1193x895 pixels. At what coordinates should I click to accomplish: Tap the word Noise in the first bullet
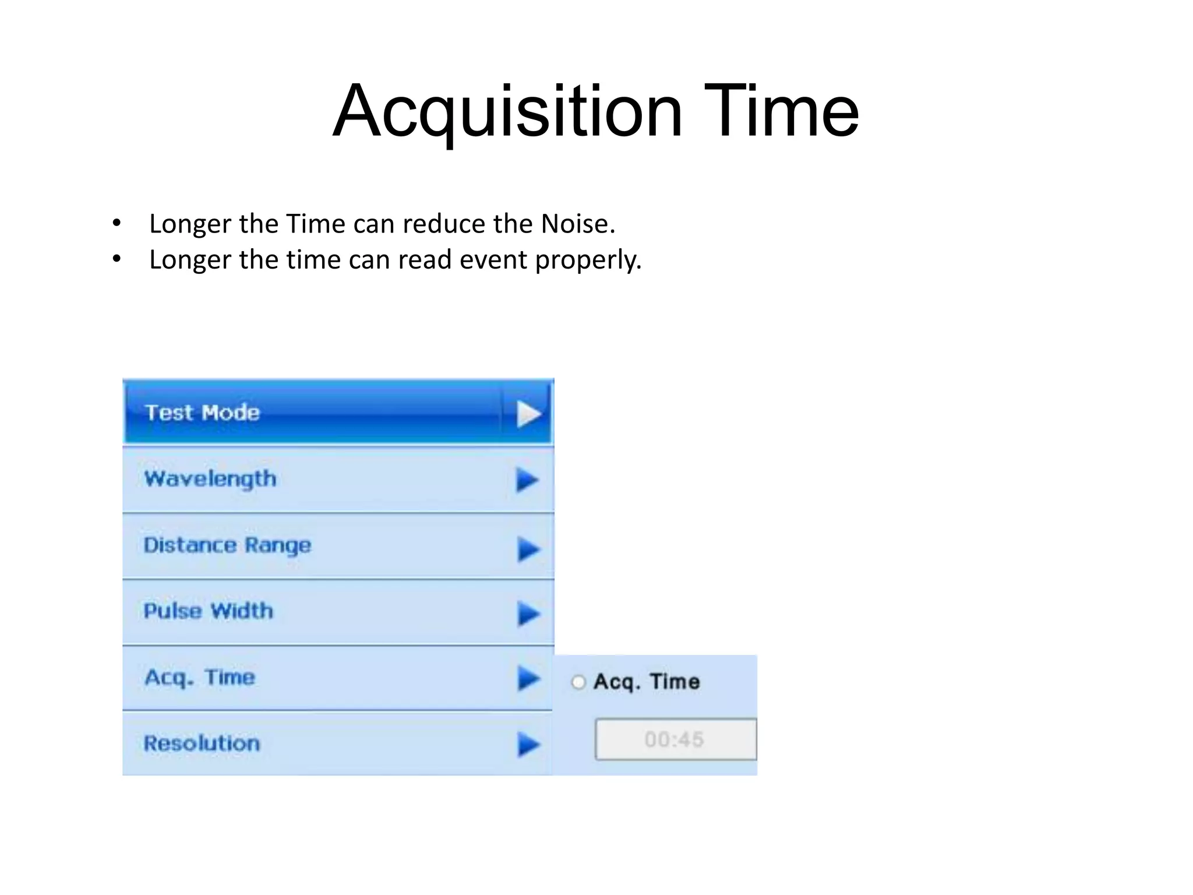(577, 224)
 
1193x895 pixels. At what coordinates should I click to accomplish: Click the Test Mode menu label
(202, 413)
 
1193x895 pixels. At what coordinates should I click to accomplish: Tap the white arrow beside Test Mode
(528, 414)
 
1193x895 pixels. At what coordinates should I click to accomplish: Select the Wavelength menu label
(210, 479)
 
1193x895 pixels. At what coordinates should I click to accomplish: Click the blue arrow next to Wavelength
(527, 480)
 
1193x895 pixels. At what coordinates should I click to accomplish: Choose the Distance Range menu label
(227, 545)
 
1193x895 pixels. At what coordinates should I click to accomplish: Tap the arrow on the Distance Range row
(528, 549)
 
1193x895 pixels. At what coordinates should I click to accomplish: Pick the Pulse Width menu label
(208, 611)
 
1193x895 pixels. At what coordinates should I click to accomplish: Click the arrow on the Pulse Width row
(528, 614)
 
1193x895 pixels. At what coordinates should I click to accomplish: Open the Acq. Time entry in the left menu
(200, 678)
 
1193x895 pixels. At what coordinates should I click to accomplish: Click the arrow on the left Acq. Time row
(528, 679)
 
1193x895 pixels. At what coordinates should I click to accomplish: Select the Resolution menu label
(202, 744)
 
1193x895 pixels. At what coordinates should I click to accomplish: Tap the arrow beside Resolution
(528, 745)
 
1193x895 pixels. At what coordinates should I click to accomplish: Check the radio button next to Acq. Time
(578, 682)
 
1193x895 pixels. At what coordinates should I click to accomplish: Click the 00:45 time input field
(675, 739)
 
